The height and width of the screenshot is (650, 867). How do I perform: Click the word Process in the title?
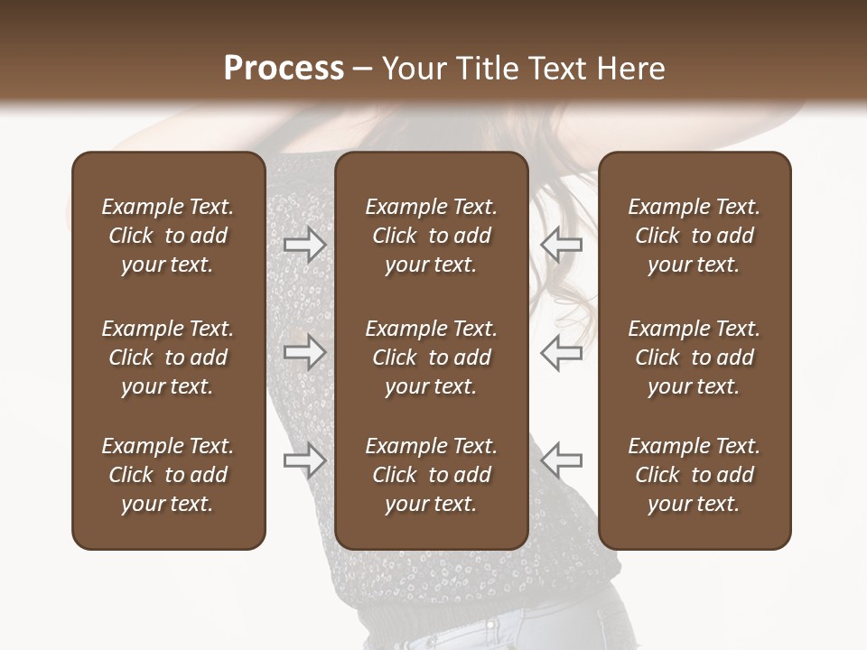pos(284,69)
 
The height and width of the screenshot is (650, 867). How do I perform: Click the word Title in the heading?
pos(485,69)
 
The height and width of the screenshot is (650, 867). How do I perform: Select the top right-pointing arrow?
pos(304,244)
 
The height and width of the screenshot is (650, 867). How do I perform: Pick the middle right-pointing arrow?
pos(304,352)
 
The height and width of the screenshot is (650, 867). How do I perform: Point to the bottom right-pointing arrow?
pos(304,460)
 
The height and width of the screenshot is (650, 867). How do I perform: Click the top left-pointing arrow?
pos(561,244)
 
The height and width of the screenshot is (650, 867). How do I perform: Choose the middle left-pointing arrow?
pos(561,352)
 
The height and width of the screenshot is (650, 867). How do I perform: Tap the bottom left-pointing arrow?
pos(561,460)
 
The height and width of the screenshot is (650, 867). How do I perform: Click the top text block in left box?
pos(168,236)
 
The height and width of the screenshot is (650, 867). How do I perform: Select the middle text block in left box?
pos(168,357)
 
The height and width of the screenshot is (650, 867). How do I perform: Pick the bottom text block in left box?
pos(168,475)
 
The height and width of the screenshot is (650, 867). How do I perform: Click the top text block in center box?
pos(431,236)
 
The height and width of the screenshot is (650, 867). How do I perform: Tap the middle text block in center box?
pos(431,357)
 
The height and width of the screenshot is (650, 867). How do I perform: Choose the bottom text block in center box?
pos(431,475)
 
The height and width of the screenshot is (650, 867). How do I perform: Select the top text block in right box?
pos(694,236)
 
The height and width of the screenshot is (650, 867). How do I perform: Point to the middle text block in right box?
pos(694,357)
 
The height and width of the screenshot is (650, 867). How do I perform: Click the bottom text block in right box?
pos(694,475)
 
